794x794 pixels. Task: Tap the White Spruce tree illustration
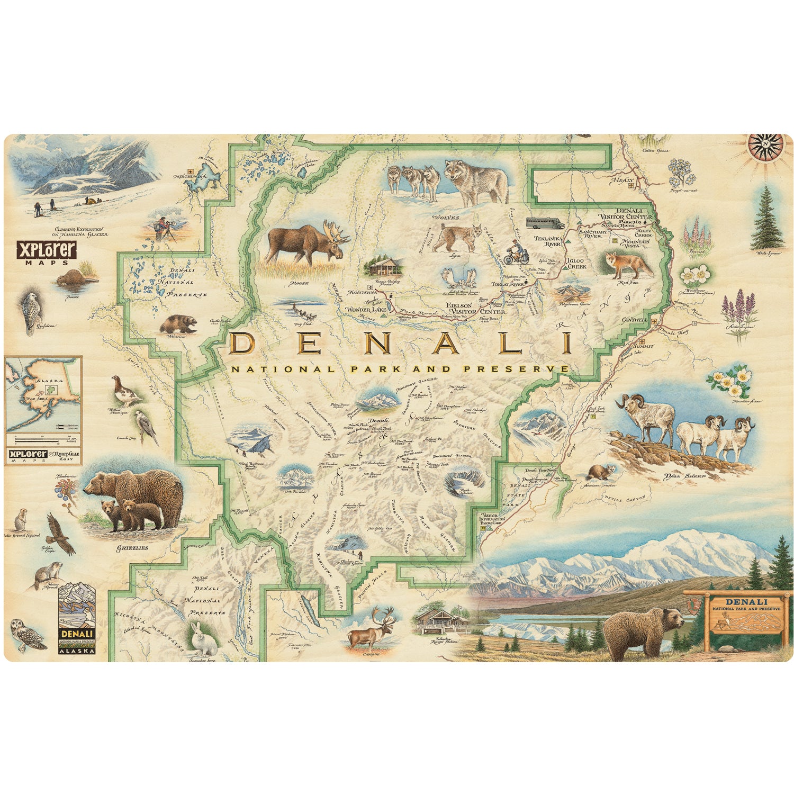[x=768, y=218]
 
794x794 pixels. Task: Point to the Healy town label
[x=623, y=181]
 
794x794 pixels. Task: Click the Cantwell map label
[x=635, y=320]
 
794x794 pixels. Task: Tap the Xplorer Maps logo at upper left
[x=47, y=252]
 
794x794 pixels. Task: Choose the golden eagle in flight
[x=59, y=533]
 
